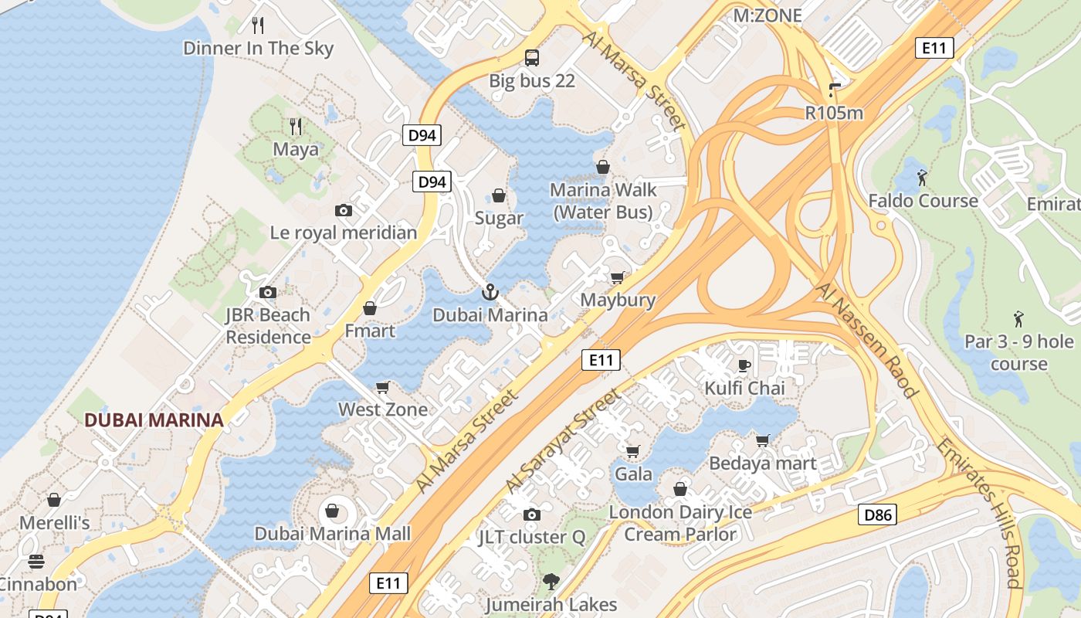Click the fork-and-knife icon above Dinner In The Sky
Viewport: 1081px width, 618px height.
pos(258,25)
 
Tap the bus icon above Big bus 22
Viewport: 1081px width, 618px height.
pos(532,57)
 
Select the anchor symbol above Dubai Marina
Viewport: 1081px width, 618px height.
pos(490,292)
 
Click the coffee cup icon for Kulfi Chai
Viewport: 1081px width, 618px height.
pos(744,365)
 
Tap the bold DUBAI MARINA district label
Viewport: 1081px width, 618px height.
pos(154,420)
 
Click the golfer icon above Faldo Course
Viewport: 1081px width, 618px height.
pos(922,178)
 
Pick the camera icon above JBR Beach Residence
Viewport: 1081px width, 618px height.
pos(268,292)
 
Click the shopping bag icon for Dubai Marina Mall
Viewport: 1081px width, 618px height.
pos(332,511)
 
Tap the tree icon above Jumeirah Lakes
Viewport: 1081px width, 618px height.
pos(551,581)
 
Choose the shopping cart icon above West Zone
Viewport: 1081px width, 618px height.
pos(382,386)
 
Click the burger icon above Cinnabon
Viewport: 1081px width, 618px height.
pos(36,561)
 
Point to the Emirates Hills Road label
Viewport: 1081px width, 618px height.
pos(981,513)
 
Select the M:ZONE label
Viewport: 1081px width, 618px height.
pos(768,15)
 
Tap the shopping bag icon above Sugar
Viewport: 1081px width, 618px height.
pos(499,195)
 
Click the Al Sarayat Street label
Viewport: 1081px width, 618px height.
pos(563,441)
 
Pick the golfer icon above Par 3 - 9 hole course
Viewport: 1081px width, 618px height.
pos(1018,318)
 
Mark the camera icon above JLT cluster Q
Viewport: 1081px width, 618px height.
pos(531,514)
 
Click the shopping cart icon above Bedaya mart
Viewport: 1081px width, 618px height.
pos(762,440)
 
